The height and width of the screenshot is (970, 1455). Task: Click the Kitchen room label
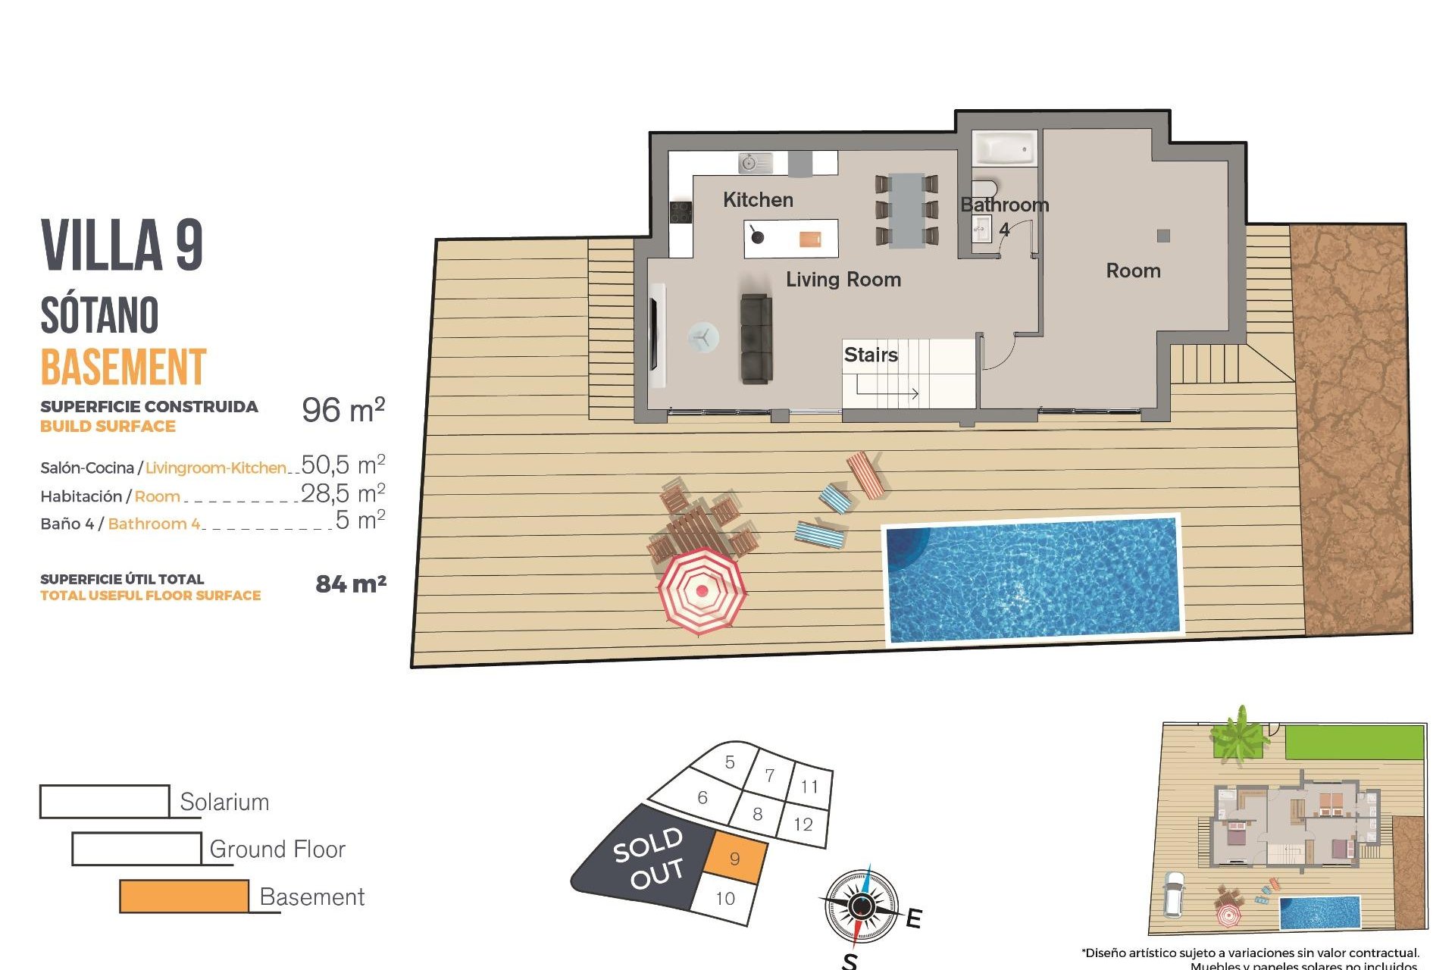[x=758, y=200]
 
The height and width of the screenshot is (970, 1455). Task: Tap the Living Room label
[x=843, y=280]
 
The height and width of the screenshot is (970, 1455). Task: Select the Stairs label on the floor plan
[x=871, y=355]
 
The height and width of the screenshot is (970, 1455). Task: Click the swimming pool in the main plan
[x=1032, y=579]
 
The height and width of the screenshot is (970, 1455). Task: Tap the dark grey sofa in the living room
[x=756, y=338]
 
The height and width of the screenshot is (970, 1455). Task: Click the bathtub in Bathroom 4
[x=1004, y=149]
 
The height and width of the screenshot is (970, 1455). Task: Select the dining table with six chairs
[x=906, y=211]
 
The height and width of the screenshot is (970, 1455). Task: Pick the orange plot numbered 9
[x=734, y=859]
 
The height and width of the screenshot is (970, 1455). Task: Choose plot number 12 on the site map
[x=803, y=824]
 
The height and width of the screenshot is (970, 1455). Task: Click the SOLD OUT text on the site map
[x=649, y=859]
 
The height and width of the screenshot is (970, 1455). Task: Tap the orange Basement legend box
[x=184, y=896]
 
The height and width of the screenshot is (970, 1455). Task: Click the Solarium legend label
[x=224, y=802]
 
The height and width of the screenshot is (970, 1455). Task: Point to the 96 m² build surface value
[x=343, y=410]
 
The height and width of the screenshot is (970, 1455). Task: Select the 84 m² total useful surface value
[x=351, y=584]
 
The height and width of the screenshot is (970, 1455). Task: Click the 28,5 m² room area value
[x=343, y=493]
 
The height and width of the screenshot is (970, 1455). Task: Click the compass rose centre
[x=861, y=905]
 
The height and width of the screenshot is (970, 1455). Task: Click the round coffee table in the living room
[x=703, y=338]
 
